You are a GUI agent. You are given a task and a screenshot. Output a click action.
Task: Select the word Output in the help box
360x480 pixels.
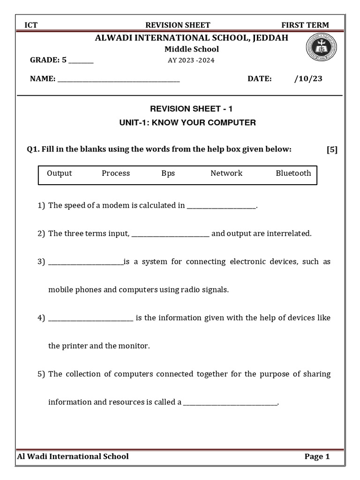[60, 173]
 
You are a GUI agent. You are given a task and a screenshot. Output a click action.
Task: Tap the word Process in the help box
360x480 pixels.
[116, 173]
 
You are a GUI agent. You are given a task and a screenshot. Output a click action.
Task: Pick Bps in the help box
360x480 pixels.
[168, 173]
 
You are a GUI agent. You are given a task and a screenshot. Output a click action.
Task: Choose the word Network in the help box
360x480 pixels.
[226, 173]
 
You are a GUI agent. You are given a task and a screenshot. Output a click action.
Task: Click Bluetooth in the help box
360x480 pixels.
[293, 173]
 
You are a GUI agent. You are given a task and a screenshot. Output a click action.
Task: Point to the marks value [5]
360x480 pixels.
[332, 150]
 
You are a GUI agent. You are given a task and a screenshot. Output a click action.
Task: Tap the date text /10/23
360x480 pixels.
[308, 79]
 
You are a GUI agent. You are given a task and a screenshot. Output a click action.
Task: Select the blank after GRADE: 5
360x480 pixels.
[81, 61]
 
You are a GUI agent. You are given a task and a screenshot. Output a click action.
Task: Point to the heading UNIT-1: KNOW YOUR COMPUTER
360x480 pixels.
[187, 123]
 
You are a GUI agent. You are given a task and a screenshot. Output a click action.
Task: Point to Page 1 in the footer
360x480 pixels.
[317, 457]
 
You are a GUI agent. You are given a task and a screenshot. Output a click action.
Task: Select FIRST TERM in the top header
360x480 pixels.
[305, 25]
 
